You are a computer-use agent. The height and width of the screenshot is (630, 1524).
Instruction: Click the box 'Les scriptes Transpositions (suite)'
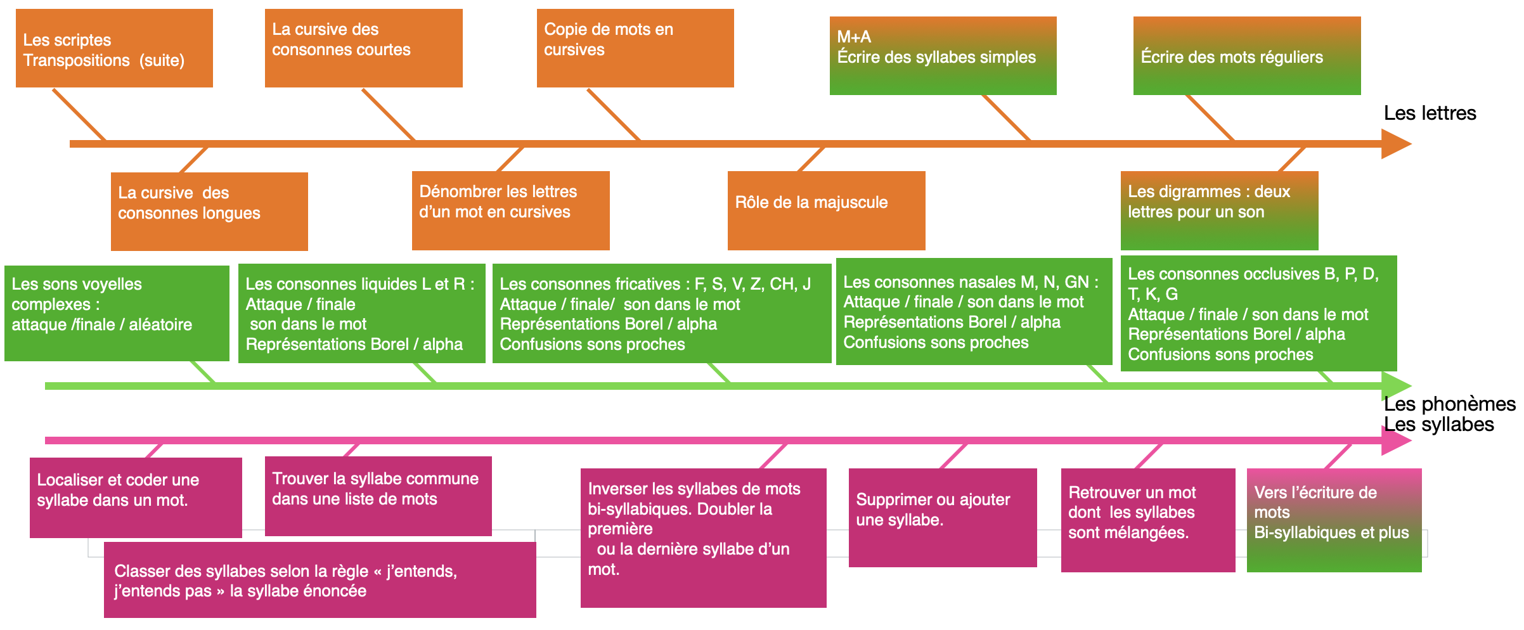tap(114, 48)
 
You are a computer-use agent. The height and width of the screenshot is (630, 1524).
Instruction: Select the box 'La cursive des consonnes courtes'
tap(363, 48)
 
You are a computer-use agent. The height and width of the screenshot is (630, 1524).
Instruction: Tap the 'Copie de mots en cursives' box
tap(635, 48)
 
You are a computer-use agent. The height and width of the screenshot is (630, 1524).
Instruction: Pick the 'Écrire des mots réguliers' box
tap(1246, 56)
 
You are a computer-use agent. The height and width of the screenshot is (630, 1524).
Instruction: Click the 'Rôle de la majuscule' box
tap(826, 210)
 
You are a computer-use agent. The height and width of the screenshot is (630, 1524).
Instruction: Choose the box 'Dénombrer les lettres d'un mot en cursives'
tap(510, 210)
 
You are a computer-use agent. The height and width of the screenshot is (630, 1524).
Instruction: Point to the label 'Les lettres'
tap(1430, 113)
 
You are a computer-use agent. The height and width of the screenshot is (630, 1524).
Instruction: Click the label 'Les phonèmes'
tap(1449, 404)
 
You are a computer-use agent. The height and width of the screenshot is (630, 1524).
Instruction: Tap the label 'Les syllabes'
tap(1438, 425)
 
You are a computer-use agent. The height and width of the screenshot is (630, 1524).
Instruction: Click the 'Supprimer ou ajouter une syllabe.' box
tap(942, 518)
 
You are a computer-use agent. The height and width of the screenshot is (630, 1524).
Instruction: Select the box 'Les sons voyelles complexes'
tap(117, 313)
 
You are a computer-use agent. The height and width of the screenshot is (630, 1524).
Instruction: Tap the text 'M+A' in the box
tap(854, 37)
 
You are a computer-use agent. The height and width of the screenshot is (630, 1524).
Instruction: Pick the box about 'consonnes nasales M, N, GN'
tap(974, 311)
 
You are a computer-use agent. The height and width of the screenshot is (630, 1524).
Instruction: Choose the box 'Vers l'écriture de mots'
tap(1334, 520)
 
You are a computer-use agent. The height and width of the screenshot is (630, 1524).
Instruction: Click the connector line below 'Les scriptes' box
tap(79, 115)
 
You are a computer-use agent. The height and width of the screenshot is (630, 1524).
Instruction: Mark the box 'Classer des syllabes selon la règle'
tap(320, 580)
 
